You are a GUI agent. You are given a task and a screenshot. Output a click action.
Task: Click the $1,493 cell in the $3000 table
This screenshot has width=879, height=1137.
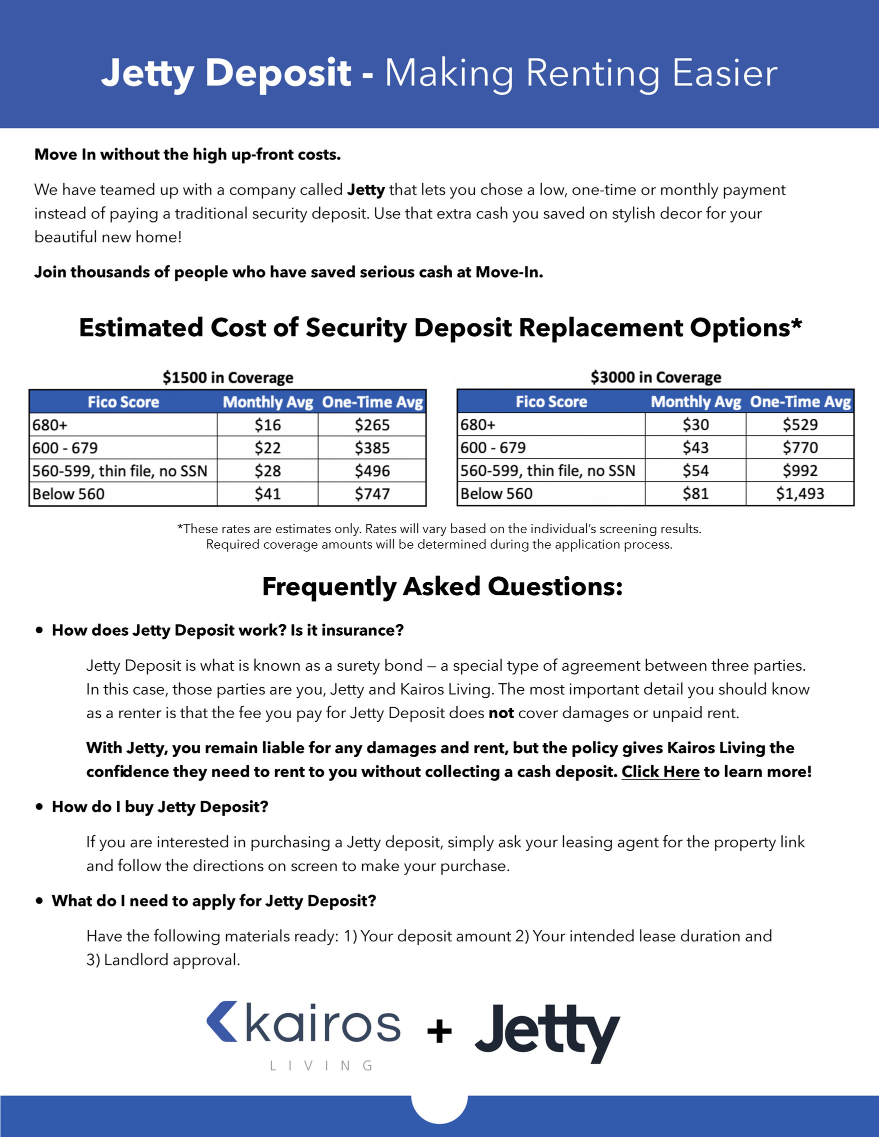800,494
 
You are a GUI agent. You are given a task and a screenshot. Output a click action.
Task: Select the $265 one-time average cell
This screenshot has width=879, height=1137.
372,425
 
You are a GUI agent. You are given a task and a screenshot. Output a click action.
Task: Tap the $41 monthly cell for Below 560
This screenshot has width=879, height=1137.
267,494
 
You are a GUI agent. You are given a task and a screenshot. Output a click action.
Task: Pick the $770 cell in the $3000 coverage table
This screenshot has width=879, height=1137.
800,448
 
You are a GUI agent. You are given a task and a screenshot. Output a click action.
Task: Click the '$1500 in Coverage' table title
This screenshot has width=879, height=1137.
227,377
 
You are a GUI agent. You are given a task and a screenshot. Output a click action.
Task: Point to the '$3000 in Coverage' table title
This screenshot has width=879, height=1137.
655,377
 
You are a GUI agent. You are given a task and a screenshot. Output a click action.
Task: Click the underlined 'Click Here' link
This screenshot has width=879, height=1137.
660,772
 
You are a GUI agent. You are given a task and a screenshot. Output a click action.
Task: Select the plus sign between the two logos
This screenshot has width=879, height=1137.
439,1032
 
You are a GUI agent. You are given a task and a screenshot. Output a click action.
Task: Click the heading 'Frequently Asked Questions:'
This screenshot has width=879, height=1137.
442,587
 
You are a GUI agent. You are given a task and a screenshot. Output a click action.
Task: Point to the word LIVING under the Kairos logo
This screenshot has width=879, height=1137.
321,1066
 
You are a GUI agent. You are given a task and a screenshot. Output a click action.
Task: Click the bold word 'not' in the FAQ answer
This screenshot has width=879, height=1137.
501,713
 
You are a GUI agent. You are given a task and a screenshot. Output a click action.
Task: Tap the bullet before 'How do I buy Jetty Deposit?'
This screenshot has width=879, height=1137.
39,807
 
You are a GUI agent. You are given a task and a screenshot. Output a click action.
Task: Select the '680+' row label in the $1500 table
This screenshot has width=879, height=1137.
50,425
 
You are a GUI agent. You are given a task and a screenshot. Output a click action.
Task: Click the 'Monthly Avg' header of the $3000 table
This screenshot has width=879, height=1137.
695,402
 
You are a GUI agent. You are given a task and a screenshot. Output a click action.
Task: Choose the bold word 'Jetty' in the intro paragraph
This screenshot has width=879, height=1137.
365,190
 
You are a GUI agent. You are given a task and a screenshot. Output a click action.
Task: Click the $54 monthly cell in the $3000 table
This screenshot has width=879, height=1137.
695,471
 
